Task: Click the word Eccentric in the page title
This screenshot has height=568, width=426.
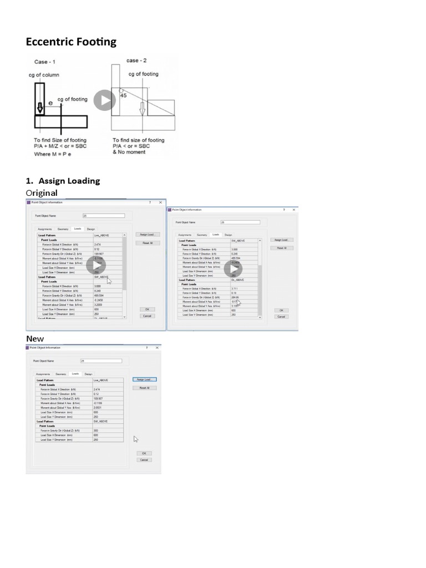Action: click(50, 42)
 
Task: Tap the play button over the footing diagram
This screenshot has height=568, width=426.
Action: click(104, 100)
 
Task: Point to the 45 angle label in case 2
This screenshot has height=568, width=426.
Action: click(124, 95)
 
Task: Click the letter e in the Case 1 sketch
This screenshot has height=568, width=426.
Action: click(50, 103)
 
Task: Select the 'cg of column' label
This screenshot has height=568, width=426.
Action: click(44, 75)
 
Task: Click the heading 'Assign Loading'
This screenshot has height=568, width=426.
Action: click(69, 181)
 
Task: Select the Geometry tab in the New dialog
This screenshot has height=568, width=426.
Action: click(61, 374)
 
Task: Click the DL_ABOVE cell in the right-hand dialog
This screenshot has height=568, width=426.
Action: click(237, 280)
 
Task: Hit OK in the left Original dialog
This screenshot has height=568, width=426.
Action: click(147, 309)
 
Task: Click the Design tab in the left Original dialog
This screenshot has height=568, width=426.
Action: click(91, 229)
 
